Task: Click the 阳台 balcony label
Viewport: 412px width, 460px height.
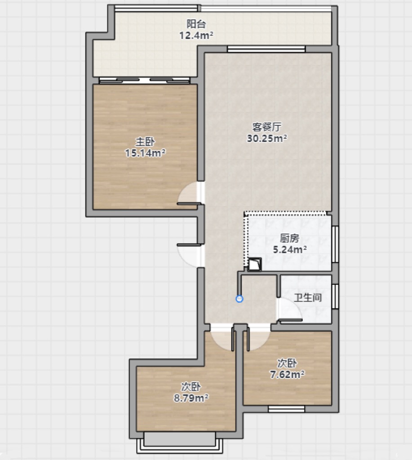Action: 196,24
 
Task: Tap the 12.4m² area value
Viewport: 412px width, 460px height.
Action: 196,35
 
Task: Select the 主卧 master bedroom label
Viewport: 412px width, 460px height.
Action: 145,142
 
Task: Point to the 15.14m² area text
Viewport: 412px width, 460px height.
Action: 145,153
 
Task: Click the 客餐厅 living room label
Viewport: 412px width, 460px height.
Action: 267,127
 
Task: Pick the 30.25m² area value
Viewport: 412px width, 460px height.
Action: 267,138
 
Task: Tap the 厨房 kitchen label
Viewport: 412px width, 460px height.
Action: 290,238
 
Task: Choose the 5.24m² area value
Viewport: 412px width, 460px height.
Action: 290,249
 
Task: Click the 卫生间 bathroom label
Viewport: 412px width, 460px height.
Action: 308,297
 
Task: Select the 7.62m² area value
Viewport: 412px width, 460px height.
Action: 287,374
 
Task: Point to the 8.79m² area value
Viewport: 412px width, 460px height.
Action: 191,398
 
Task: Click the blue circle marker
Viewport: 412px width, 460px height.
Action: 240,299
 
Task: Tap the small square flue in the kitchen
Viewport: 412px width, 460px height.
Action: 254,264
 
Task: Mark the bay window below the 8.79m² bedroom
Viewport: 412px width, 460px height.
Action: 180,442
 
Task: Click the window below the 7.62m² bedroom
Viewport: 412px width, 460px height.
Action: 286,409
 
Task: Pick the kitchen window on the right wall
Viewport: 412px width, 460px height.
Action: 335,244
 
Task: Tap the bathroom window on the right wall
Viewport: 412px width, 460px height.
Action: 335,296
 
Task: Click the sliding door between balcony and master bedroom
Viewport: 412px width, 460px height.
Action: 144,80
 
